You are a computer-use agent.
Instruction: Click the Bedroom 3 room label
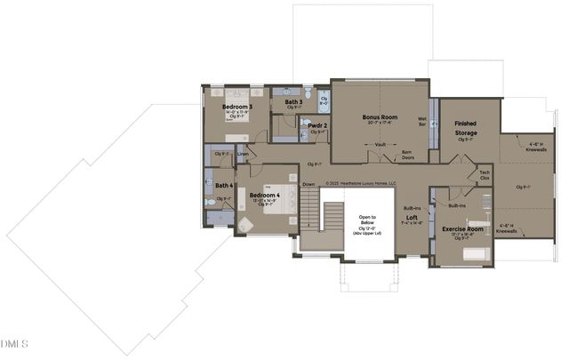click(237, 107)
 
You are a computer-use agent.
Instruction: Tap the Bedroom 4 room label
click(264, 195)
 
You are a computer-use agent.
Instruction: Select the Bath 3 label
click(294, 102)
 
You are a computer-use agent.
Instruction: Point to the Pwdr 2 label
click(317, 126)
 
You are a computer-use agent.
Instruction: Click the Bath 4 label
click(224, 185)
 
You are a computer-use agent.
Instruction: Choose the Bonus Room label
click(380, 117)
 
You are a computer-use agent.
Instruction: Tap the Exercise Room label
click(461, 229)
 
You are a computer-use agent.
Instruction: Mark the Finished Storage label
click(466, 129)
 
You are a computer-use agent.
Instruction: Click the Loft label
click(412, 218)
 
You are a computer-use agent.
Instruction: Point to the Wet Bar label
click(422, 120)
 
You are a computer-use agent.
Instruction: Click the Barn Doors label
click(406, 155)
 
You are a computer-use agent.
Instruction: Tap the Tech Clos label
click(485, 175)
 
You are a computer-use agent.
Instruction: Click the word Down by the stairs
click(309, 185)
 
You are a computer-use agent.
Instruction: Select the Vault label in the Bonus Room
click(380, 143)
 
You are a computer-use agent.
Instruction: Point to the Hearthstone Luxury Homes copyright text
click(360, 184)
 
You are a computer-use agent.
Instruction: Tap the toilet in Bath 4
click(211, 203)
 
